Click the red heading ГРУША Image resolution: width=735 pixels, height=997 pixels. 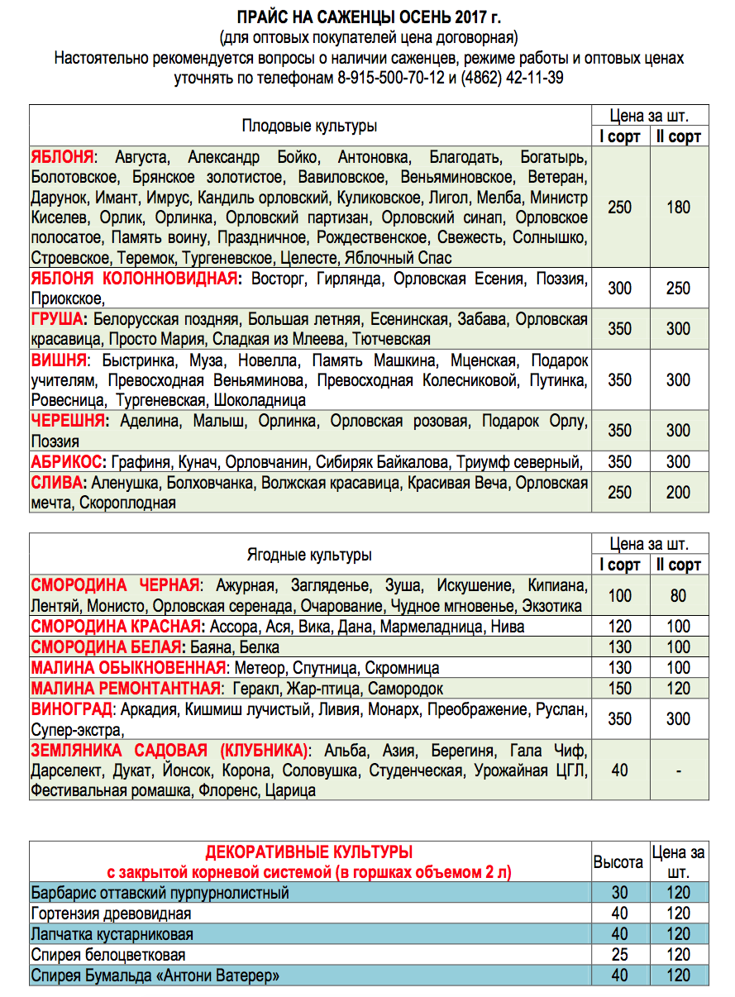point(57,319)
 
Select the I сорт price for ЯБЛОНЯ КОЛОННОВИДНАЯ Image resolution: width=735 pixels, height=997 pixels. point(619,288)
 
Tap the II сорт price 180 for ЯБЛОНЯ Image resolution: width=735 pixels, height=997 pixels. point(678,208)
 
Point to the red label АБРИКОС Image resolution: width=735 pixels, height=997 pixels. point(66,462)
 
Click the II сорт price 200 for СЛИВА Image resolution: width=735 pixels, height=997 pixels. point(678,493)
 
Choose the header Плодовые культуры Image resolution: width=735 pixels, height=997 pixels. point(309,126)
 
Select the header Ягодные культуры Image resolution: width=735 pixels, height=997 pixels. point(309,555)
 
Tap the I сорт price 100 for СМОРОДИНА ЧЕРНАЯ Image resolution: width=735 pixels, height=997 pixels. point(619,595)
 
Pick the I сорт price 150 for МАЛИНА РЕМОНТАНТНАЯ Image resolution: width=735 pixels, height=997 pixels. point(619,688)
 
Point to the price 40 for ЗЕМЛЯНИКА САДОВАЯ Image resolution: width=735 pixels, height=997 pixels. point(619,770)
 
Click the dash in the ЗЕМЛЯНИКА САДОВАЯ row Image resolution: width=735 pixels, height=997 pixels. point(678,770)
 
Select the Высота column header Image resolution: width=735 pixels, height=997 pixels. point(618,862)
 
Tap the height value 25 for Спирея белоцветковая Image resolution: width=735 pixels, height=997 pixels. point(619,955)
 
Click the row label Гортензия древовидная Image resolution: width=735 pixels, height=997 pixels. point(111,914)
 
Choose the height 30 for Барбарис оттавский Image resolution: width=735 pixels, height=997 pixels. point(619,893)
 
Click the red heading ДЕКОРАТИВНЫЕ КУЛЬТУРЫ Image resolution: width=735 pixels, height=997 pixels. point(308,852)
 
